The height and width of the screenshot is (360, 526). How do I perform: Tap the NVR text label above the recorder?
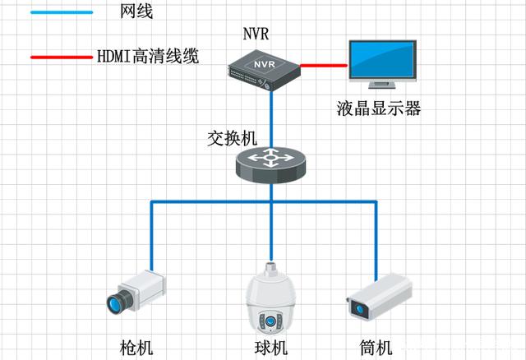point(256,35)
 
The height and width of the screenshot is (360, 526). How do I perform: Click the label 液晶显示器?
point(379,108)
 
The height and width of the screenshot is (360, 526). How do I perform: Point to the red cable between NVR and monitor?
point(324,63)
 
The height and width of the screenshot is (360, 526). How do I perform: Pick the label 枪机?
point(136,346)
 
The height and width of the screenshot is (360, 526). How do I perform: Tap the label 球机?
point(270,346)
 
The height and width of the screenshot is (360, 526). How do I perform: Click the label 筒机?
point(377,346)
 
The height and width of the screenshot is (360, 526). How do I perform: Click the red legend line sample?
point(62,58)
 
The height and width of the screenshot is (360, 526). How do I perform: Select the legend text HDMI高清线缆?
point(149,58)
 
